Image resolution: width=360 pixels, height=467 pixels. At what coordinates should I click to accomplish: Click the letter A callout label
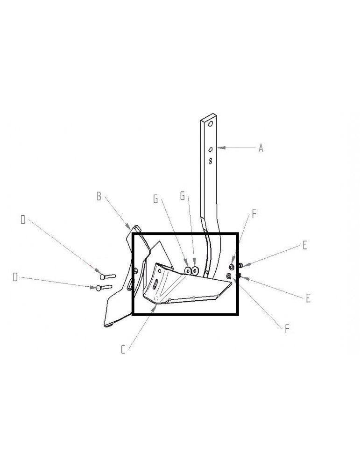[x=261, y=148]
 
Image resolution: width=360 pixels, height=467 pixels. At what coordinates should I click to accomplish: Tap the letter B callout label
[x=99, y=196]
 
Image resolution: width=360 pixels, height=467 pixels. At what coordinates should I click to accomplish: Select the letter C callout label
[x=123, y=350]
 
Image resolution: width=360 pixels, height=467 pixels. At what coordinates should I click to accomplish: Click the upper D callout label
[x=23, y=220]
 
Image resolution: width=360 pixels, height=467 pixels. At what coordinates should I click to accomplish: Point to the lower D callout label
[x=15, y=277]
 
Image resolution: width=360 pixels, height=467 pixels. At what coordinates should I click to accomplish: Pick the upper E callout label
[x=304, y=246]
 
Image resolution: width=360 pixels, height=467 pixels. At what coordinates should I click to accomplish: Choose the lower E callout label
[x=308, y=298]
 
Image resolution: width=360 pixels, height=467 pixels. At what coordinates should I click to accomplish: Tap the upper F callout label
[x=254, y=214]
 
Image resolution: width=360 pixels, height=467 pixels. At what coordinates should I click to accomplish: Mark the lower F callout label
[x=287, y=329]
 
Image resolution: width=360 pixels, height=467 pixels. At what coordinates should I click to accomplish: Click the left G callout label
[x=155, y=199]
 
